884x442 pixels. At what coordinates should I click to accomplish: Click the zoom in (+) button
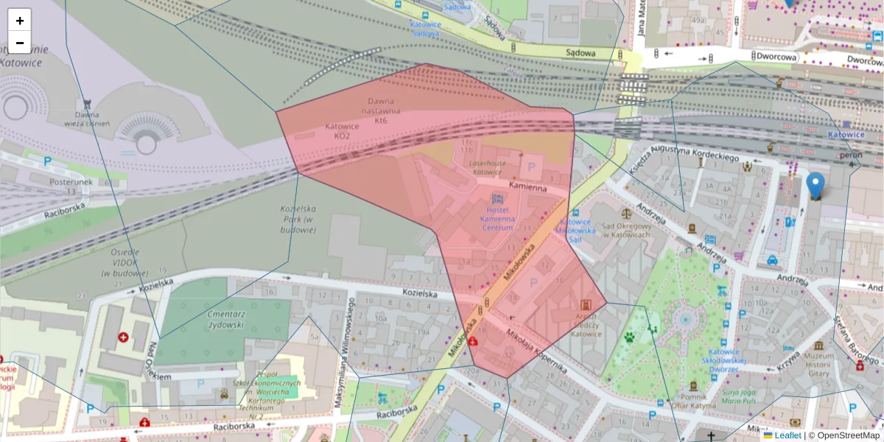click(x=20, y=21)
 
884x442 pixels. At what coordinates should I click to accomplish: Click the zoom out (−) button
click(x=20, y=43)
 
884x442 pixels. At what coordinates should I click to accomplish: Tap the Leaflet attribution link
click(x=787, y=435)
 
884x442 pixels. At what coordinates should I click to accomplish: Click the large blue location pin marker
click(x=815, y=185)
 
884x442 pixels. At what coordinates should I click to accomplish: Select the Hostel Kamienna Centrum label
click(x=497, y=219)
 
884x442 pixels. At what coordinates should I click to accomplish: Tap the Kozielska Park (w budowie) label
click(x=298, y=219)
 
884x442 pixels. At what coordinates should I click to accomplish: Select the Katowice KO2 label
click(x=342, y=131)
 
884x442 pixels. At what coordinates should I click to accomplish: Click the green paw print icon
click(x=630, y=337)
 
